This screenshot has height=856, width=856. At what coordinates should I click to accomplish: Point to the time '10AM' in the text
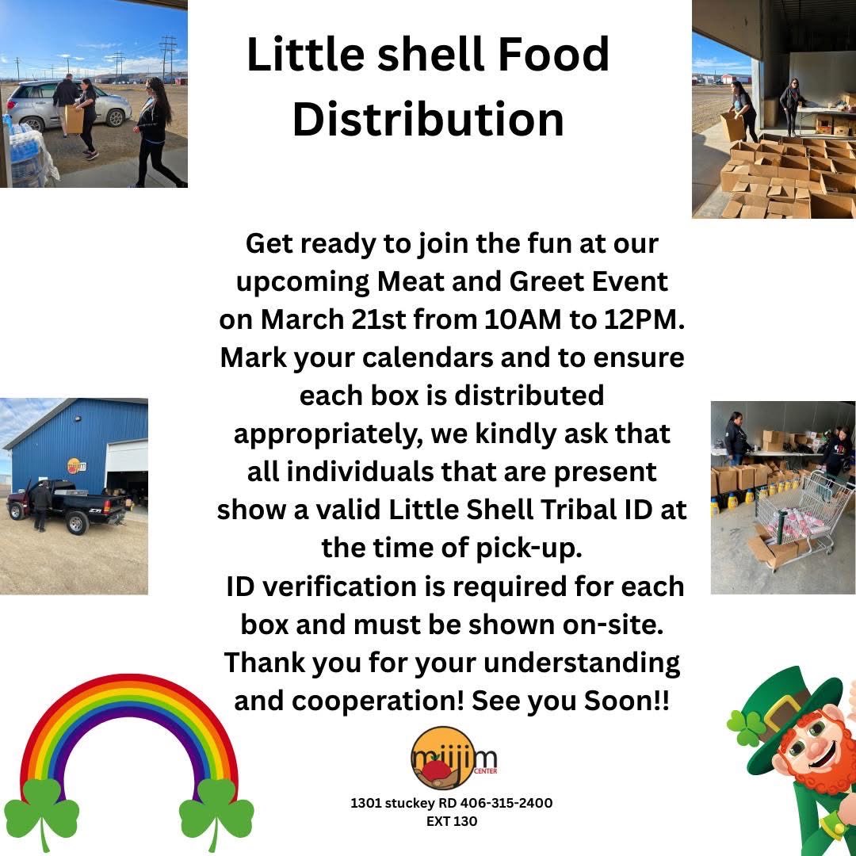click(522, 319)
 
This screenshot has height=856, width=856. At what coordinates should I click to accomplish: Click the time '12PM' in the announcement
click(633, 319)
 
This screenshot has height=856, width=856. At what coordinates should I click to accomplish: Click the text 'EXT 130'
click(452, 821)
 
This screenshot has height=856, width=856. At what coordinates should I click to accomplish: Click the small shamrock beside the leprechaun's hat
click(747, 727)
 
